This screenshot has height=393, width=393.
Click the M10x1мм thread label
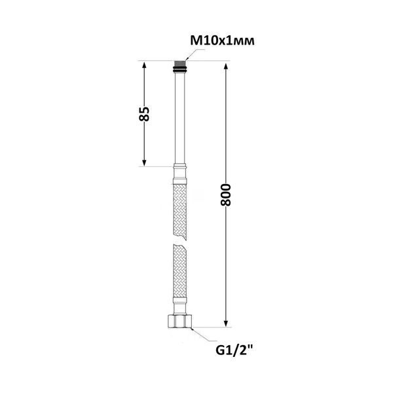click(x=222, y=41)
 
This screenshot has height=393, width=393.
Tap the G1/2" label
click(x=234, y=350)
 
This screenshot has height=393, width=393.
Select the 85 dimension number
click(x=144, y=114)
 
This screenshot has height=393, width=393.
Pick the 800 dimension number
click(x=225, y=195)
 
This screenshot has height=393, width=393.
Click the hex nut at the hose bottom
click(x=179, y=321)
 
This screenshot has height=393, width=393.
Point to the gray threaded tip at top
click(x=179, y=64)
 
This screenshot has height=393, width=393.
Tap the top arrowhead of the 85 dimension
click(x=144, y=65)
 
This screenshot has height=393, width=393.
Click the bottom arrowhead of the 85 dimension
click(x=144, y=163)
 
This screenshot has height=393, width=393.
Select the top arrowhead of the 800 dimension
click(x=226, y=67)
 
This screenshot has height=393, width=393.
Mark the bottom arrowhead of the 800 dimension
click(x=226, y=324)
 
